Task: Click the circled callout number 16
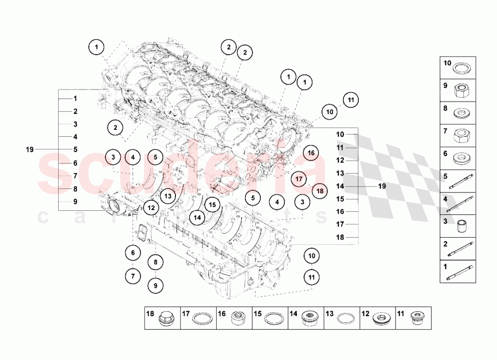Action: [x=311, y=153]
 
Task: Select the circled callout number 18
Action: [x=320, y=190]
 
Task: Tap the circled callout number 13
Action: [x=168, y=196]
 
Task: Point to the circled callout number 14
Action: [x=198, y=217]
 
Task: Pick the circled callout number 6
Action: [x=133, y=253]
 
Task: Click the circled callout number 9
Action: [x=155, y=286]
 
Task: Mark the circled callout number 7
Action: [x=133, y=275]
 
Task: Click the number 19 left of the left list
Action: [x=30, y=149]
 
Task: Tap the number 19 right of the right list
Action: [x=382, y=186]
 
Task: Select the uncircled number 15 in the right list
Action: [x=340, y=199]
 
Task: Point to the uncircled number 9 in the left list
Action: [x=75, y=202]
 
